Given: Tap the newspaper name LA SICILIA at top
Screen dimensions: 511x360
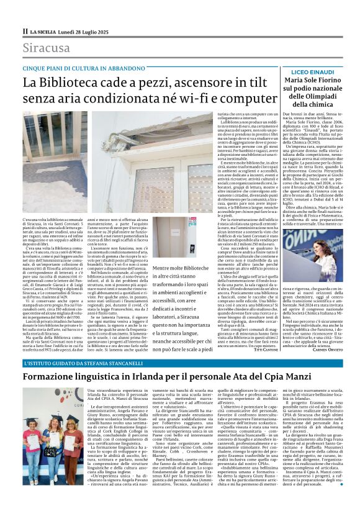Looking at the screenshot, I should [x=45, y=30].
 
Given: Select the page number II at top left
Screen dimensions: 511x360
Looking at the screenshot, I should [x=25, y=30].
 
